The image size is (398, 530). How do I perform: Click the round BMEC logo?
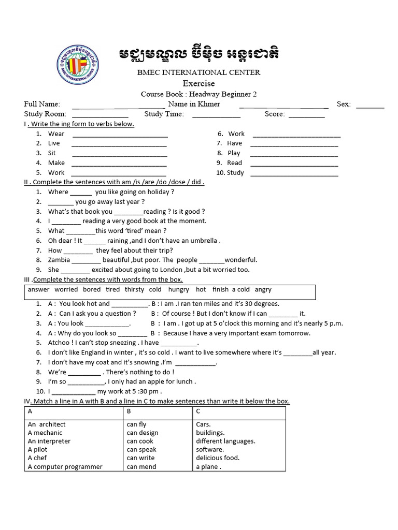[78, 66]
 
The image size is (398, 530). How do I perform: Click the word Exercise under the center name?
[198, 83]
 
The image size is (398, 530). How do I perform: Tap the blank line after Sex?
[370, 107]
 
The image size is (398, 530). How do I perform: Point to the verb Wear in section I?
[56, 134]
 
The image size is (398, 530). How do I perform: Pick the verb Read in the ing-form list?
[234, 163]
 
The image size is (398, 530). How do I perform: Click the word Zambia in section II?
[59, 260]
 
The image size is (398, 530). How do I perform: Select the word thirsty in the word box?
[134, 290]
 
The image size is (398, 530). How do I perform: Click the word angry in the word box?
[263, 290]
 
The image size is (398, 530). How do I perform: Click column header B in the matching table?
[129, 411]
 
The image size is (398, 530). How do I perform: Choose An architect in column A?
[47, 424]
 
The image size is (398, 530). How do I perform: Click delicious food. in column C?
[218, 458]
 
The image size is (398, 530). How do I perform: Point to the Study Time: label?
[164, 114]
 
